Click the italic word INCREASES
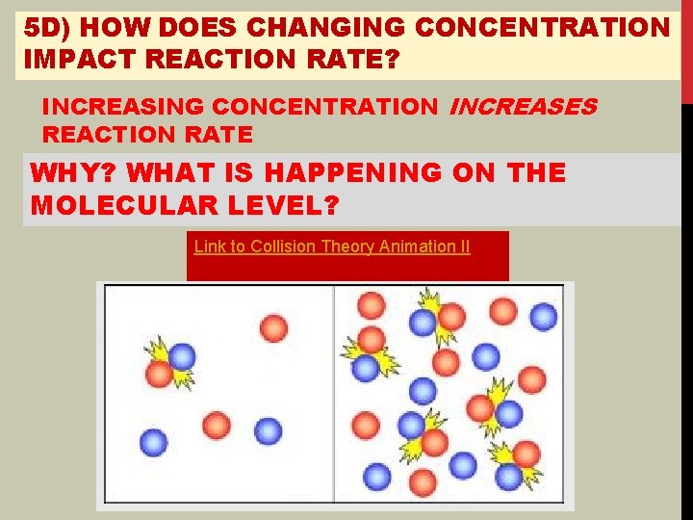(x=523, y=106)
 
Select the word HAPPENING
(x=375, y=173)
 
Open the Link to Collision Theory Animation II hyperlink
(x=332, y=247)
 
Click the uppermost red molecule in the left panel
(x=274, y=328)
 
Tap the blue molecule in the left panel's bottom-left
(x=153, y=443)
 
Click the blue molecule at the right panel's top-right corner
(x=544, y=316)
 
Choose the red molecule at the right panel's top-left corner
(x=372, y=305)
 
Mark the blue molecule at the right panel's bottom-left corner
(x=376, y=476)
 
